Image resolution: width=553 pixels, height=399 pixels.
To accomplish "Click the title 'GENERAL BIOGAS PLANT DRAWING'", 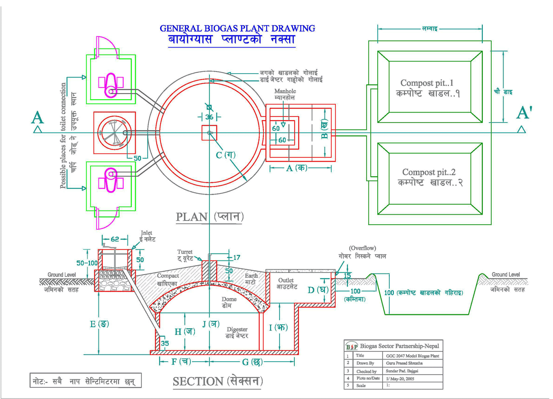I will (x=237, y=28).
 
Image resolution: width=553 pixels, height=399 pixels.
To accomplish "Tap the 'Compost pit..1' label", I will (x=427, y=83).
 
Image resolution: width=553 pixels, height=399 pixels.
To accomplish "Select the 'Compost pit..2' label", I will (x=429, y=172).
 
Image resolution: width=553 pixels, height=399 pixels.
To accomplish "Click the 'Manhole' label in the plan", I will (x=285, y=91).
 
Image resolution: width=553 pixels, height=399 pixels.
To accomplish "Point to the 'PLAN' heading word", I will (x=191, y=217).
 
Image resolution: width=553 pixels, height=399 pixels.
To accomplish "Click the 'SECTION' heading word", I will (x=198, y=381).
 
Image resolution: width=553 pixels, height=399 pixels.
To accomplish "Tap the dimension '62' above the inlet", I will (x=115, y=239).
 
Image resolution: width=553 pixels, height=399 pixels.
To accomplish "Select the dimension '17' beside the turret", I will (x=236, y=258).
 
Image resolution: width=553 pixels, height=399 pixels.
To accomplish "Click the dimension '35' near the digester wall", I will (x=165, y=343).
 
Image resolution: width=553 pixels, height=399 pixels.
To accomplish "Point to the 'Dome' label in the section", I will (x=229, y=299).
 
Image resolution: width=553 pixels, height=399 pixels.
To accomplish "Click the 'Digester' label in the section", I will (x=237, y=329).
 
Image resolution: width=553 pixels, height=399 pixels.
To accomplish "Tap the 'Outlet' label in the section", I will (x=286, y=280).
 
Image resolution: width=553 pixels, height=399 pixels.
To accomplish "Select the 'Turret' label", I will (x=185, y=252).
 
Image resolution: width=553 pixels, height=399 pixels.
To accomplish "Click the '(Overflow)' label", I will (x=362, y=248).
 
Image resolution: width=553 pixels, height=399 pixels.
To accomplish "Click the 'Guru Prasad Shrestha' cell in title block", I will (x=404, y=363).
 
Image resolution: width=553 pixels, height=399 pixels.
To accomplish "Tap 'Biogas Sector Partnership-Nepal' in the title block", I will (x=399, y=346).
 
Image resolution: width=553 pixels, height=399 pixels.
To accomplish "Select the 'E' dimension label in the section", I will (x=93, y=324).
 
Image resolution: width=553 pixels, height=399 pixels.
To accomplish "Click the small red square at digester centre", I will (x=209, y=133).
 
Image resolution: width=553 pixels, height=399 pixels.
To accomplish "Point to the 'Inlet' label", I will (x=147, y=233).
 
